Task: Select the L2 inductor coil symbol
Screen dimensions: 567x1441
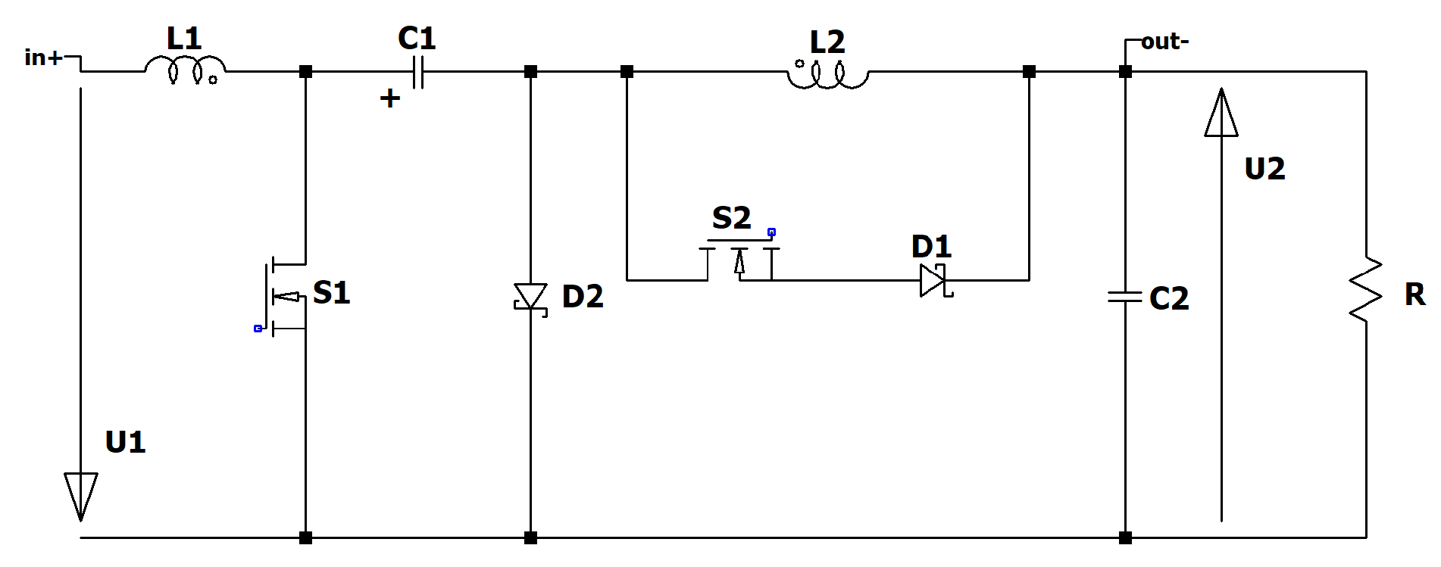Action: point(828,76)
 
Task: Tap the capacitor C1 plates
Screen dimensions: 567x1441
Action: point(418,73)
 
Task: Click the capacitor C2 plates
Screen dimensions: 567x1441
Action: point(1125,297)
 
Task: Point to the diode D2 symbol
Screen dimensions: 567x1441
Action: point(530,296)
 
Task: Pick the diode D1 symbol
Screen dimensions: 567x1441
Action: point(933,280)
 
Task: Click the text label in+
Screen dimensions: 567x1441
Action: point(43,58)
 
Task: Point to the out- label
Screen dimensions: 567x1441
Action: point(1164,42)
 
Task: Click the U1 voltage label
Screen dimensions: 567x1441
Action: point(125,442)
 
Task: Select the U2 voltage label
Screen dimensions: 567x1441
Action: point(1264,169)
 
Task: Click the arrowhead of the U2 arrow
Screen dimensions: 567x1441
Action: point(1221,114)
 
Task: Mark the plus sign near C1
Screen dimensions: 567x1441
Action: point(390,98)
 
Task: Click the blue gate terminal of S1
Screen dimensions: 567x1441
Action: point(258,329)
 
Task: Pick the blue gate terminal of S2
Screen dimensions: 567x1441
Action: point(771,232)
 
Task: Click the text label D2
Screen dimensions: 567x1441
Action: point(583,297)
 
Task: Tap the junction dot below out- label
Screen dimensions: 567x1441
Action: point(1125,72)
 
